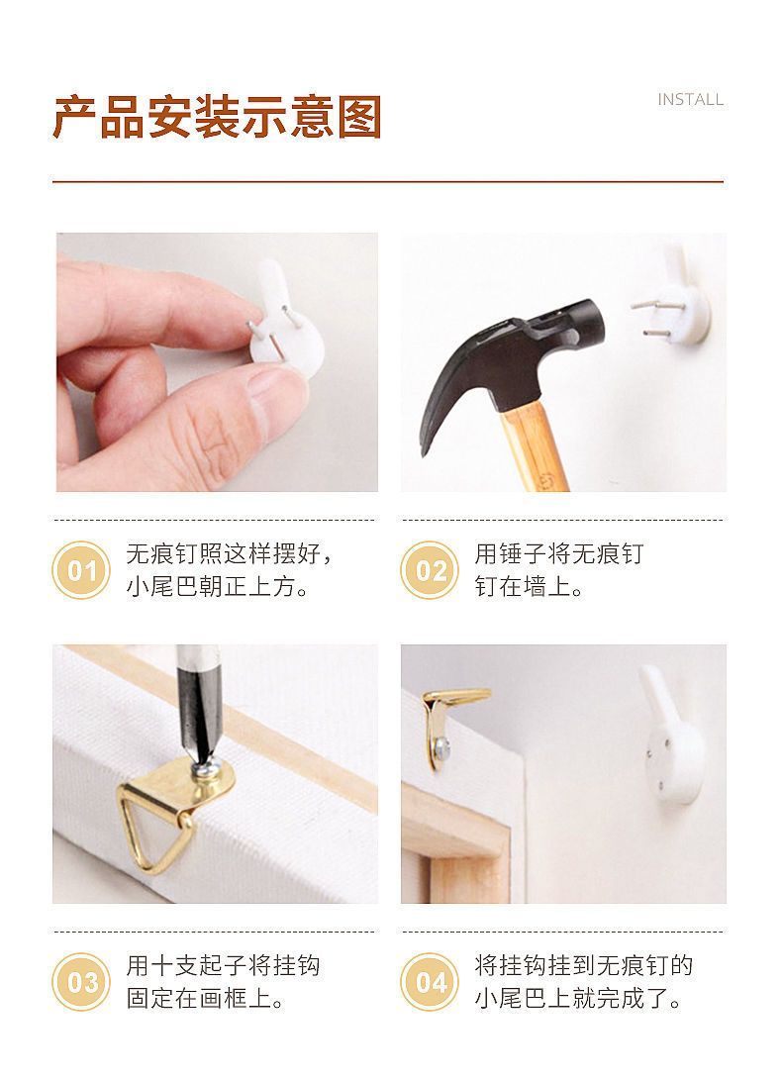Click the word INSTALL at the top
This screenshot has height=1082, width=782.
pyautogui.click(x=690, y=99)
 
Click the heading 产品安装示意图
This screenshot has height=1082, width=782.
pyautogui.click(x=218, y=118)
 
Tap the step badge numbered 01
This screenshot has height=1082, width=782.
pyautogui.click(x=81, y=570)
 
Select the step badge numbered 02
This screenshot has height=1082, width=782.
pyautogui.click(x=430, y=570)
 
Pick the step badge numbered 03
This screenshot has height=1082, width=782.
pyautogui.click(x=81, y=982)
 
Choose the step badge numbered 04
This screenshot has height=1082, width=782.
pyautogui.click(x=430, y=982)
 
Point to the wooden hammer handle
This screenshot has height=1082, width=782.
pyautogui.click(x=534, y=445)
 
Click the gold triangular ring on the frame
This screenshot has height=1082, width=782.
pyautogui.click(x=150, y=828)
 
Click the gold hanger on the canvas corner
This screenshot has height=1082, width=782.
pyautogui.click(x=448, y=725)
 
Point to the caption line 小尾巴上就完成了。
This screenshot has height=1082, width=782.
pyautogui.click(x=578, y=998)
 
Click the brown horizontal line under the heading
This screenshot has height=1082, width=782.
pyautogui.click(x=388, y=181)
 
